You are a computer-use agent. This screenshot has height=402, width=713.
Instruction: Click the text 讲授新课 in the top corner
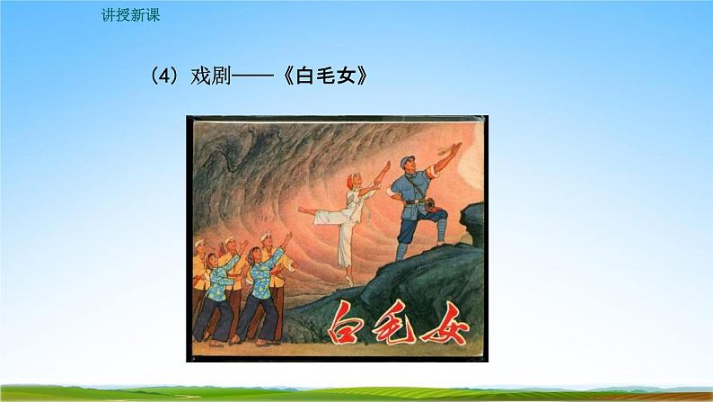point(130,16)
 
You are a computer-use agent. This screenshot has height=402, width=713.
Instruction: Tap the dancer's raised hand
point(389,164)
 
